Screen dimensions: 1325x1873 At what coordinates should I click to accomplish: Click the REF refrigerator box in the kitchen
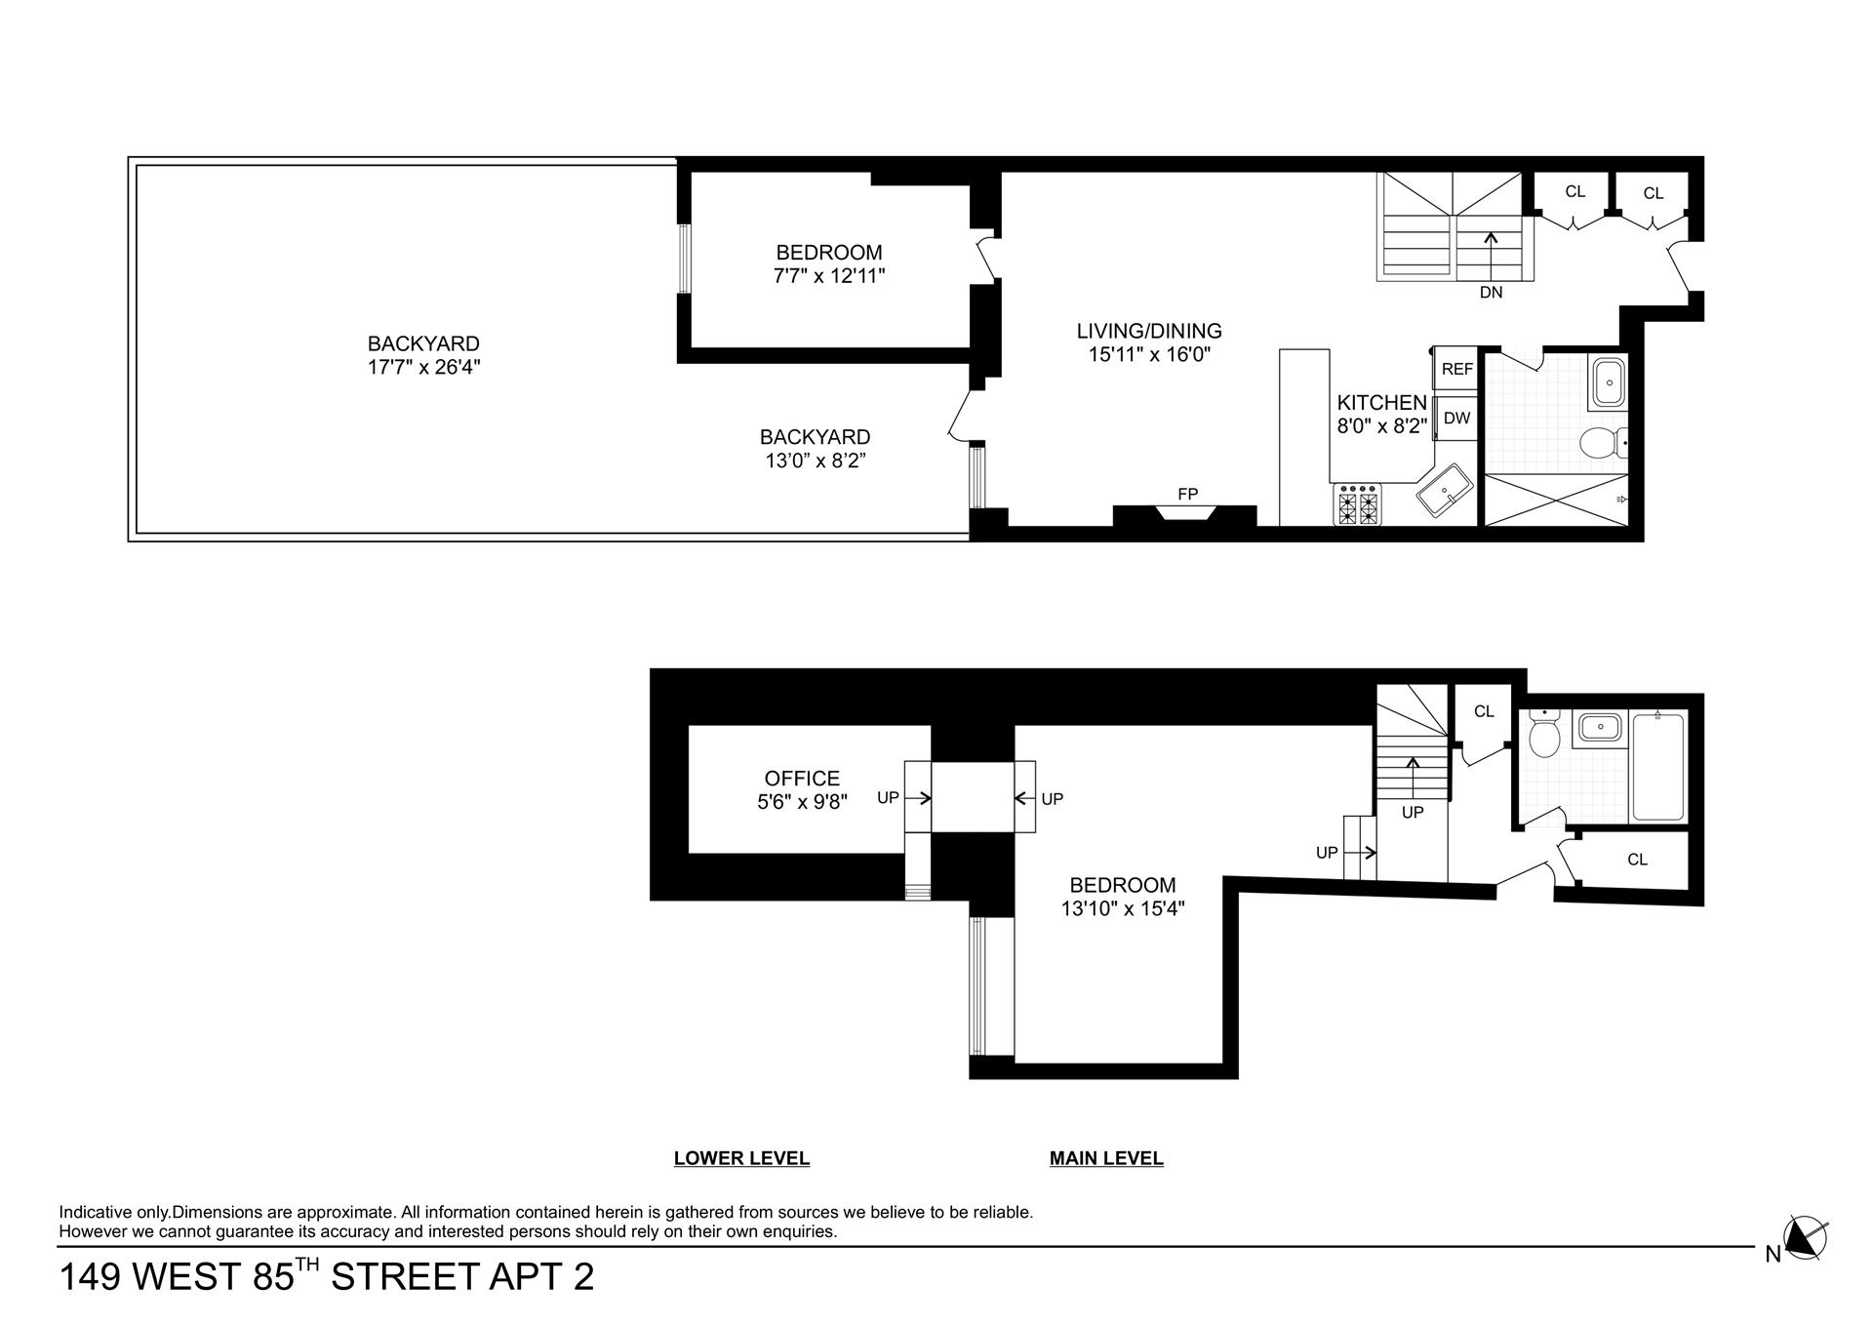click(x=1456, y=369)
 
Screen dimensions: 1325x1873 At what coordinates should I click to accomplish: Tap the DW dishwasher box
click(x=1456, y=419)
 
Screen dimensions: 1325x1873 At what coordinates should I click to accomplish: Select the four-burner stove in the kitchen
click(x=1358, y=504)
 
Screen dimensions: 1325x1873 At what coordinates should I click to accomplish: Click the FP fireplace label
click(x=1187, y=494)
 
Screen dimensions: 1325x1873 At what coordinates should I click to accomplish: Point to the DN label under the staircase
click(x=1491, y=292)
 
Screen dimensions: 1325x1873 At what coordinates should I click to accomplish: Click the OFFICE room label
click(x=802, y=778)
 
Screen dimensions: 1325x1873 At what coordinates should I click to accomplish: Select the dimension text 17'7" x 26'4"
click(x=423, y=368)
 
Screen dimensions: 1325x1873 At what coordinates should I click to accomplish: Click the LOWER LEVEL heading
click(x=741, y=1158)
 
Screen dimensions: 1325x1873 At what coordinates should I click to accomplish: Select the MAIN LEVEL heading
click(x=1106, y=1158)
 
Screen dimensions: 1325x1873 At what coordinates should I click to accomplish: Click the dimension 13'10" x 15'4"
click(x=1123, y=908)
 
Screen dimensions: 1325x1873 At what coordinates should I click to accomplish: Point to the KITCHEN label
click(x=1381, y=402)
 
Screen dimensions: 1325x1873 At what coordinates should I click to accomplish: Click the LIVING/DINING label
click(x=1149, y=331)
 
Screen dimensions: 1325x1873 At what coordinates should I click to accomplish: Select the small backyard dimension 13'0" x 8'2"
click(x=816, y=461)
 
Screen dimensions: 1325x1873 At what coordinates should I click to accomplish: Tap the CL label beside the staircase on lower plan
click(x=1484, y=711)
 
